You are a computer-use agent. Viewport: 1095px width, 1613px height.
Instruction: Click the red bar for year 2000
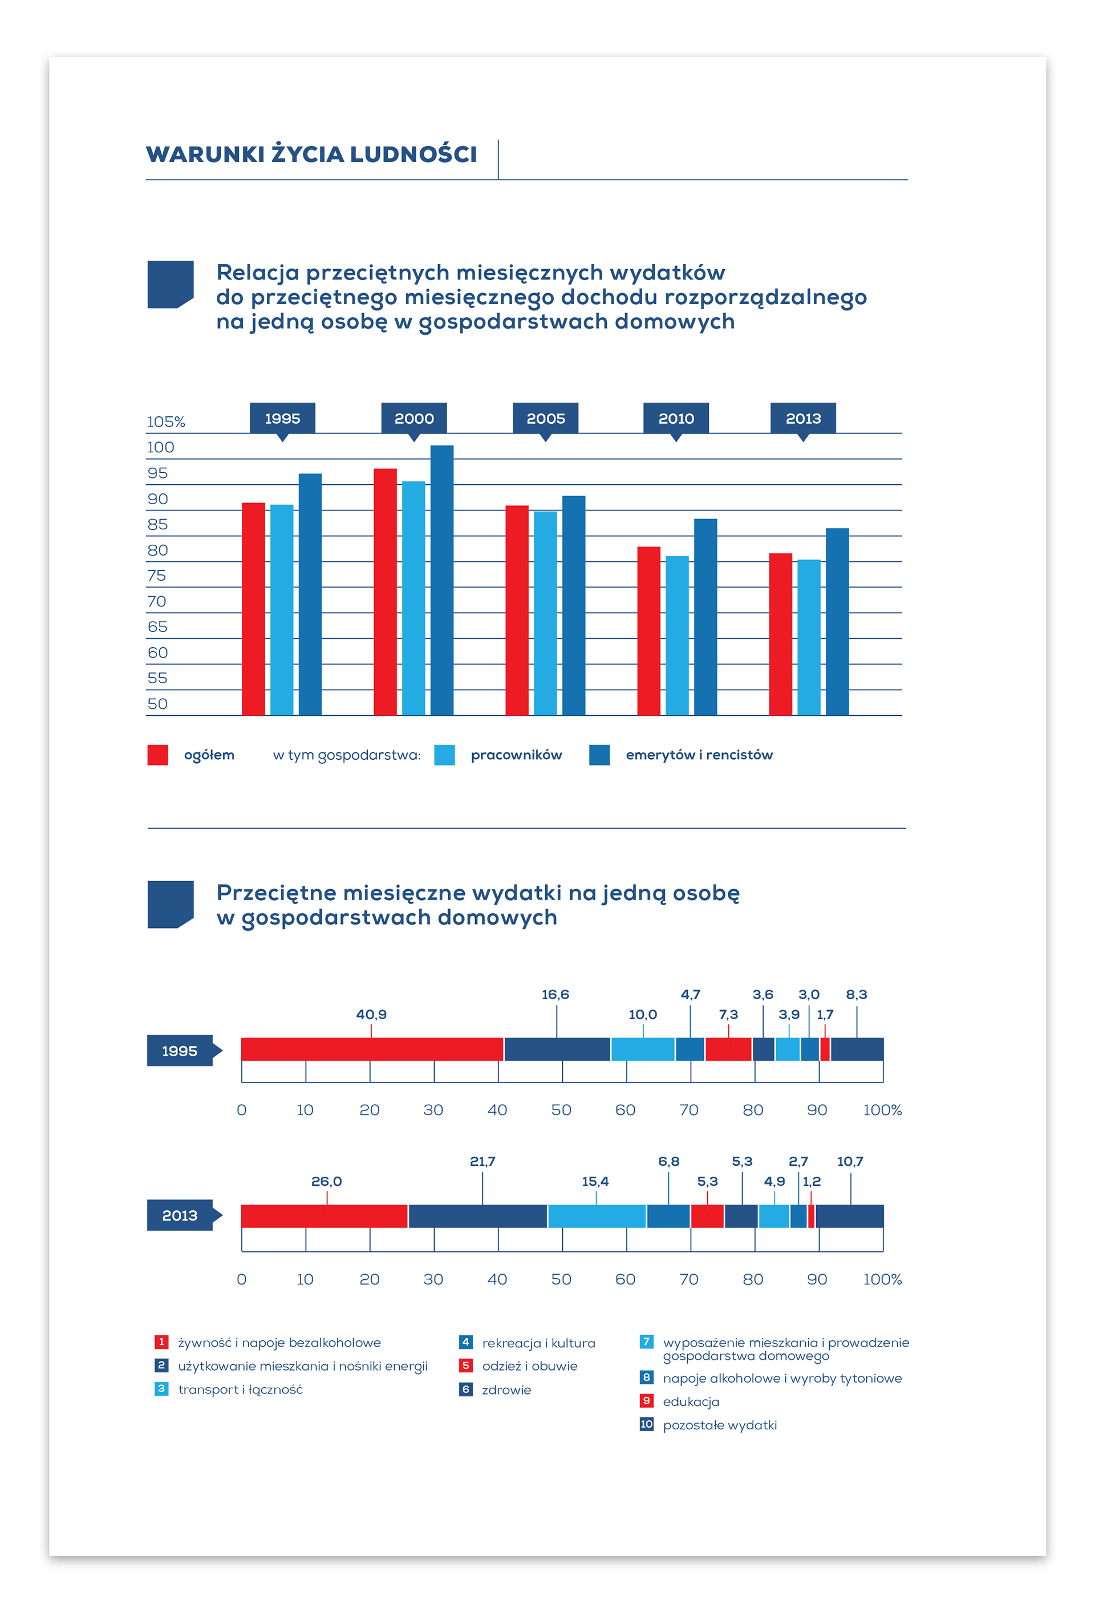click(x=385, y=591)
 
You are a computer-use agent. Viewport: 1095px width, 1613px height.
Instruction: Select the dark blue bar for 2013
click(x=837, y=621)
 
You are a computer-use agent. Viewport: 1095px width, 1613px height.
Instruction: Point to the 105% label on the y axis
click(x=166, y=422)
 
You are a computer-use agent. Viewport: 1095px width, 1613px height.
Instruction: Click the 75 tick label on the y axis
click(x=157, y=576)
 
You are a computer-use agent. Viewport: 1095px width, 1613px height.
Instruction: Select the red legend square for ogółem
click(x=157, y=755)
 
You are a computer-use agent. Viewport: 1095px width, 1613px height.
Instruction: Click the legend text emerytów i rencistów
click(x=699, y=755)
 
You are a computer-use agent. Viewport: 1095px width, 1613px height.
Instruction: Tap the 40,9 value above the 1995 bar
click(x=371, y=1014)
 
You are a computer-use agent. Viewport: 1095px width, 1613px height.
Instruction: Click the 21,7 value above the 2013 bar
click(x=482, y=1161)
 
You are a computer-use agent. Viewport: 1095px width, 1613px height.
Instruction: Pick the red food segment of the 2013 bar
click(x=324, y=1216)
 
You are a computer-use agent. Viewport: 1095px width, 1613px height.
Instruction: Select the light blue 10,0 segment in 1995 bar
click(x=643, y=1049)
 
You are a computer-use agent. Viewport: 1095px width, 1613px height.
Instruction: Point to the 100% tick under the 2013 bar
click(x=882, y=1279)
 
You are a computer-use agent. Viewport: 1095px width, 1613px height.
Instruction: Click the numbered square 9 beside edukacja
click(x=646, y=1401)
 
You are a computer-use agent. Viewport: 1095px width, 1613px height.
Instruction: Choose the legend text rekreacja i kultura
click(x=538, y=1343)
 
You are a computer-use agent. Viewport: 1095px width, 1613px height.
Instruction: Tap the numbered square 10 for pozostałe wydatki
click(x=646, y=1424)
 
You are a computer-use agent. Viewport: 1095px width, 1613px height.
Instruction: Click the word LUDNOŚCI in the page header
click(x=413, y=153)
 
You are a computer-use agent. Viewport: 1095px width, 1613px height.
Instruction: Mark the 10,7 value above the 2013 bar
click(x=850, y=1161)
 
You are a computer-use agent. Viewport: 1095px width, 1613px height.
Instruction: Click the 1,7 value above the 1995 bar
click(x=824, y=1014)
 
